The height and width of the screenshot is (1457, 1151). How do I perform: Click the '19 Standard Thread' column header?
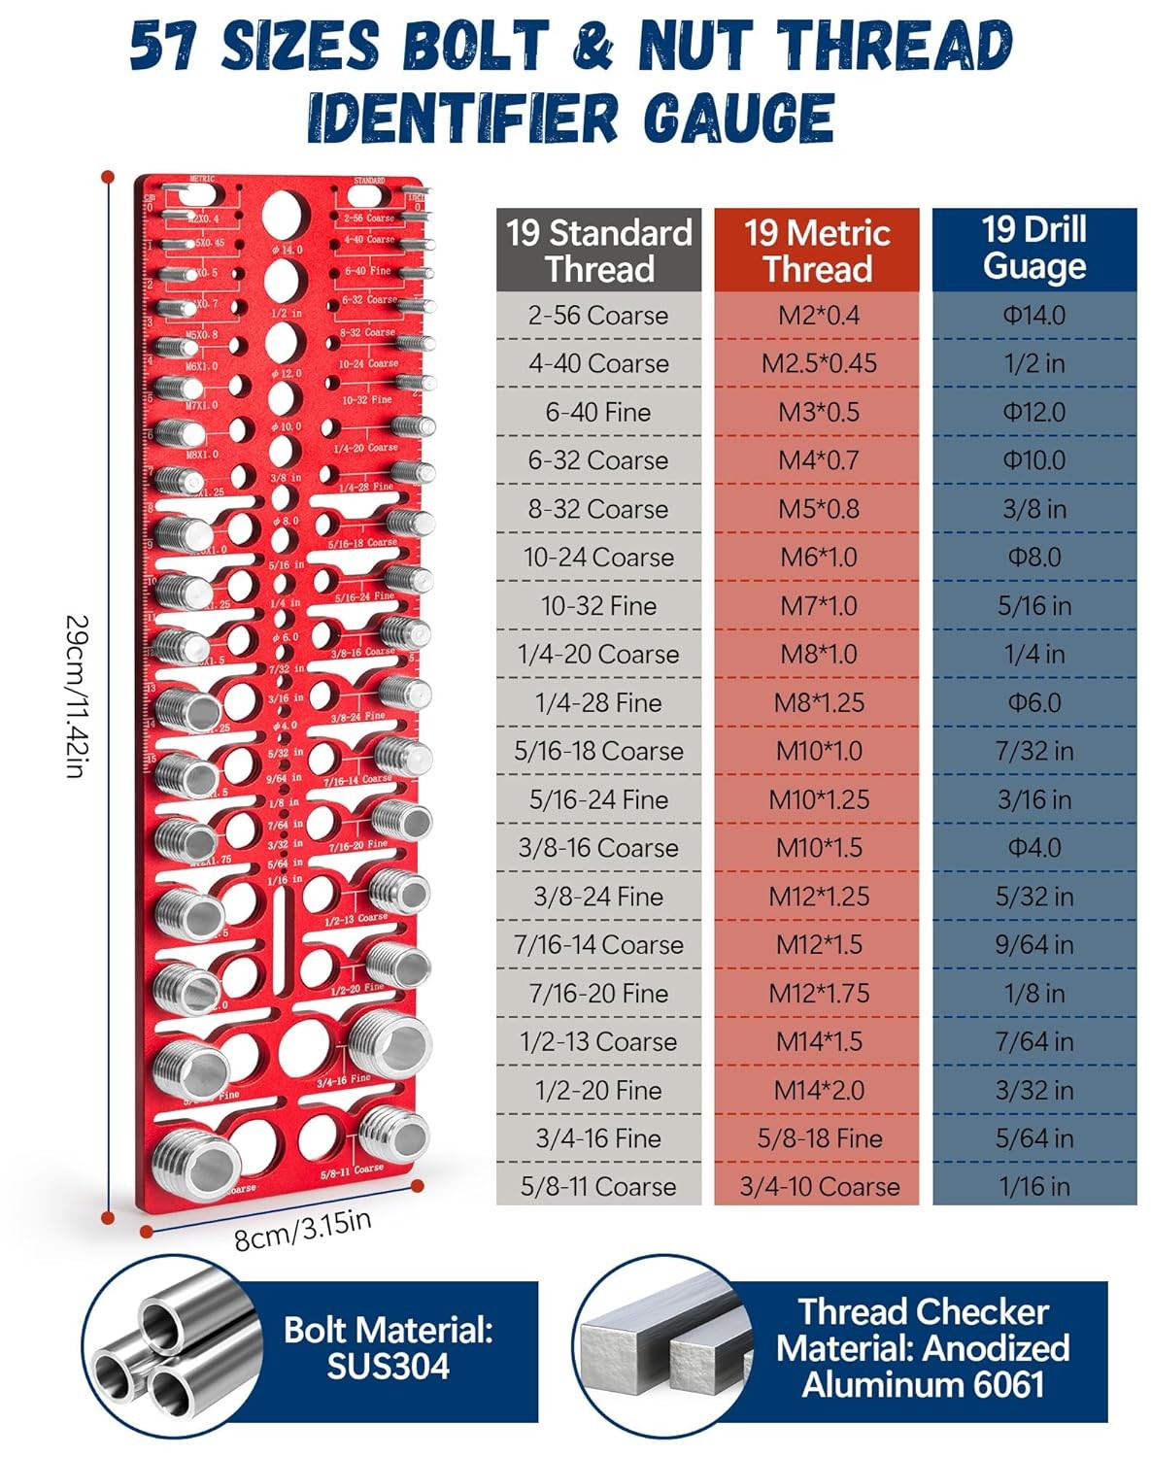598,251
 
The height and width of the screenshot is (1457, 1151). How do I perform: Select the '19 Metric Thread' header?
817,251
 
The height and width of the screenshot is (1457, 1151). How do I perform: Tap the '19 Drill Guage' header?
1034,249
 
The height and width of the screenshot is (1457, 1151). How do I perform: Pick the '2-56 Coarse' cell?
598,316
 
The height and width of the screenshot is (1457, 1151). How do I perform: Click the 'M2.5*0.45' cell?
819,363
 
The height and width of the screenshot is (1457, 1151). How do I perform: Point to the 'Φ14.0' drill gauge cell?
1034,316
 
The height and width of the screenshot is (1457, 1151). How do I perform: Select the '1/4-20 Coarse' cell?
598,655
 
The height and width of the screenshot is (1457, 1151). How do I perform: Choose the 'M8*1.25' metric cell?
819,703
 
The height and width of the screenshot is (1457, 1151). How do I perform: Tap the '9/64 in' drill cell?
1034,945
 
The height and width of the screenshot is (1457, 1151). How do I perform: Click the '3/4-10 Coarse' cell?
819,1187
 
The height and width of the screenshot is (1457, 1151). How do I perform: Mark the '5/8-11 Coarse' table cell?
598,1187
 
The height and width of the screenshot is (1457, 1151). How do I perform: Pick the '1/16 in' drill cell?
1034,1187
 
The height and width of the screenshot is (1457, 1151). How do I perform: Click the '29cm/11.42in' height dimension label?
78,695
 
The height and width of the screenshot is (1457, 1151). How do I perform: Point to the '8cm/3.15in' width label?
303,1230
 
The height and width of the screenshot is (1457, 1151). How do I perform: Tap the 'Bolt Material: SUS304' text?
389,1348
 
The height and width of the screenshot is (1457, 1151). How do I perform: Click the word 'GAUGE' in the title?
738,119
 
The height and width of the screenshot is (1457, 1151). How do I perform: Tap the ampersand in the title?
592,46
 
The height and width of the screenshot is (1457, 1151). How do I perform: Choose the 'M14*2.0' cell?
819,1091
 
